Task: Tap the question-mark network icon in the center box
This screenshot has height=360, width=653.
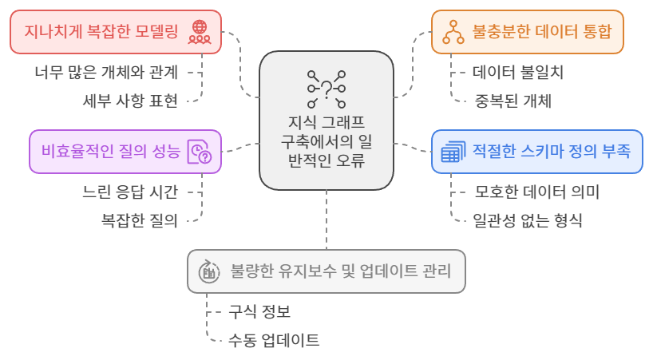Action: [326, 88]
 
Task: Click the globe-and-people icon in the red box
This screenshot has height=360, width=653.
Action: [198, 33]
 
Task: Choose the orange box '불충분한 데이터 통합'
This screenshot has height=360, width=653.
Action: [527, 33]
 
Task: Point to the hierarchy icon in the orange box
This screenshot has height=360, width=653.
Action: [454, 33]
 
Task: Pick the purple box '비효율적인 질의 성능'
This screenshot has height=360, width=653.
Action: [125, 151]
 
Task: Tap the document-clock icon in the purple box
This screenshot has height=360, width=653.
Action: [199, 152]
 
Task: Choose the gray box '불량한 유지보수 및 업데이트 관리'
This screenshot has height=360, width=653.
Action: [326, 271]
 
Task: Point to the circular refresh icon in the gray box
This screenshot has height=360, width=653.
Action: [209, 271]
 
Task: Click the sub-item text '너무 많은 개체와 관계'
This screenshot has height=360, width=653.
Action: [106, 71]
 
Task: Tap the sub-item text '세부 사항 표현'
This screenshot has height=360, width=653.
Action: [130, 101]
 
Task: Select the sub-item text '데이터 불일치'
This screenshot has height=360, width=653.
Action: [518, 71]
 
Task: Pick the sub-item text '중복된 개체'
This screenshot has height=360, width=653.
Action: [512, 101]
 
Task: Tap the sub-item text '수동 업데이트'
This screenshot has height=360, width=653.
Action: [274, 340]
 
